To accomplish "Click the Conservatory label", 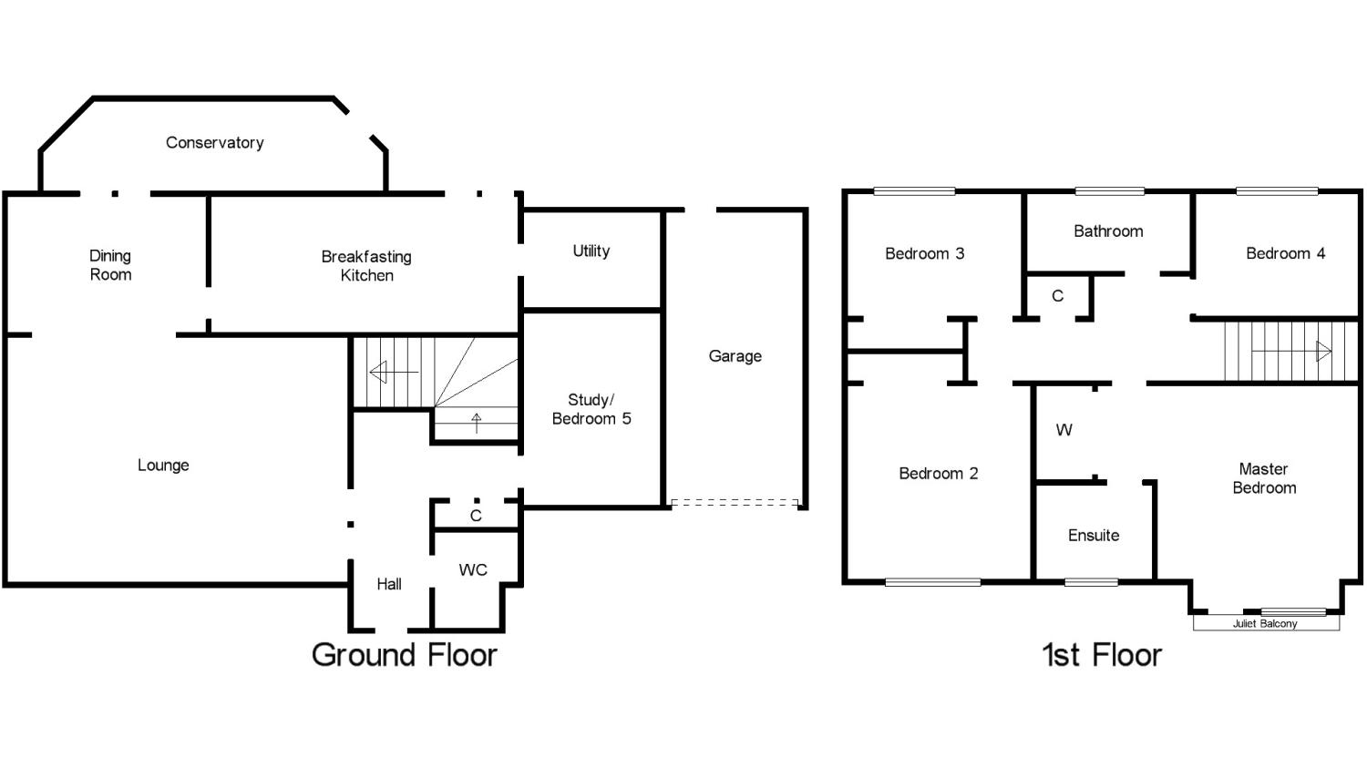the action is tap(215, 143).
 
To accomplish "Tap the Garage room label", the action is tap(735, 356).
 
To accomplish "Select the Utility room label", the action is tap(591, 251).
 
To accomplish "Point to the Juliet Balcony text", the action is tap(1265, 623).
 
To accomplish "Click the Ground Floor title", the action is tap(404, 655).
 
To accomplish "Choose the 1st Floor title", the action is tap(1102, 655).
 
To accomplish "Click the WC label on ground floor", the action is tap(473, 570).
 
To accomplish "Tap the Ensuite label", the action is tap(1094, 536).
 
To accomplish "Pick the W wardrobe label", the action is tap(1064, 430).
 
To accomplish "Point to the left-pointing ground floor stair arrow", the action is tap(394, 372).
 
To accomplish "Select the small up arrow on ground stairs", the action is tap(477, 423).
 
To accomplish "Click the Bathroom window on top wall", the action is tap(1109, 191).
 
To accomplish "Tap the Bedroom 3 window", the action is tap(914, 191).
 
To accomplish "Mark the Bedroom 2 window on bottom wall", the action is tap(932, 582).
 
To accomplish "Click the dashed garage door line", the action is tap(735, 503).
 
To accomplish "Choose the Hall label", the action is tap(389, 584).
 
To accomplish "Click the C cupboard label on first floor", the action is tap(1057, 296).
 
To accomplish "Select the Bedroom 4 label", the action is tap(1285, 254).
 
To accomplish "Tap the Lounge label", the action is tap(163, 466).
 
